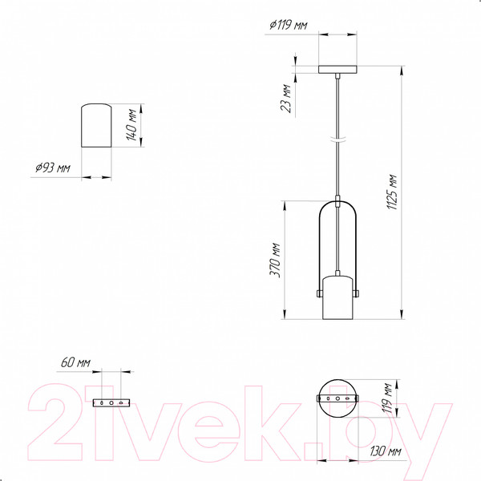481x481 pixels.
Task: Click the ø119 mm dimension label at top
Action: click(x=289, y=25)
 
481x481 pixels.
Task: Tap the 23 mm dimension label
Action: click(x=286, y=98)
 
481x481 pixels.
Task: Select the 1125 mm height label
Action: click(x=392, y=192)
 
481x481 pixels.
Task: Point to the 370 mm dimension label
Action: click(x=275, y=261)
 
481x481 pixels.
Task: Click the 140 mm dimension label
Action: click(x=131, y=124)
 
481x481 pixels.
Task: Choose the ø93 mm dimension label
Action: click(x=53, y=168)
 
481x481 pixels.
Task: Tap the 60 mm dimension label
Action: click(x=75, y=362)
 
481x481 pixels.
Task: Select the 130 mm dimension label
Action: click(x=386, y=451)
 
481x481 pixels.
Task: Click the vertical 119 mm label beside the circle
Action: click(x=387, y=398)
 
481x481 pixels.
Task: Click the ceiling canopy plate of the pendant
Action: click(x=338, y=70)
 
